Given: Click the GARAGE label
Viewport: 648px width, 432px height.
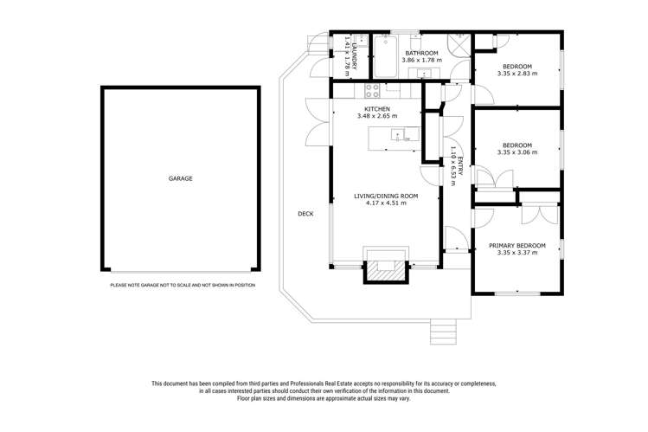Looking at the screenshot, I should pyautogui.click(x=180, y=178).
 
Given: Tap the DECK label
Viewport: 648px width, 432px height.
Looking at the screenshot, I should pyautogui.click(x=305, y=214).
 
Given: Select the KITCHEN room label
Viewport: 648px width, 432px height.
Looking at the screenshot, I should pyautogui.click(x=376, y=108).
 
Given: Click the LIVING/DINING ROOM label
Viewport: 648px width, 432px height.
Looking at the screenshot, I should pyautogui.click(x=386, y=197).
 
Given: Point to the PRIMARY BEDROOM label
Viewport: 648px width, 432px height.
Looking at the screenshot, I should pyautogui.click(x=516, y=246).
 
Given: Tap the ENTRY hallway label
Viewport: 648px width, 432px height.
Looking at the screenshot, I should pyautogui.click(x=461, y=166).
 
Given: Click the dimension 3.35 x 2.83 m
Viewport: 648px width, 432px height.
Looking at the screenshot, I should pyautogui.click(x=516, y=74).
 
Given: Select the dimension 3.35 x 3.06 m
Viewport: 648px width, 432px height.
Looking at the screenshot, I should pyautogui.click(x=516, y=152).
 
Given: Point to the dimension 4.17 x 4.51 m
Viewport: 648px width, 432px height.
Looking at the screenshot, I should pyautogui.click(x=386, y=204).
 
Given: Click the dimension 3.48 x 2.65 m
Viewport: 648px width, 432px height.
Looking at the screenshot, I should pyautogui.click(x=376, y=116).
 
